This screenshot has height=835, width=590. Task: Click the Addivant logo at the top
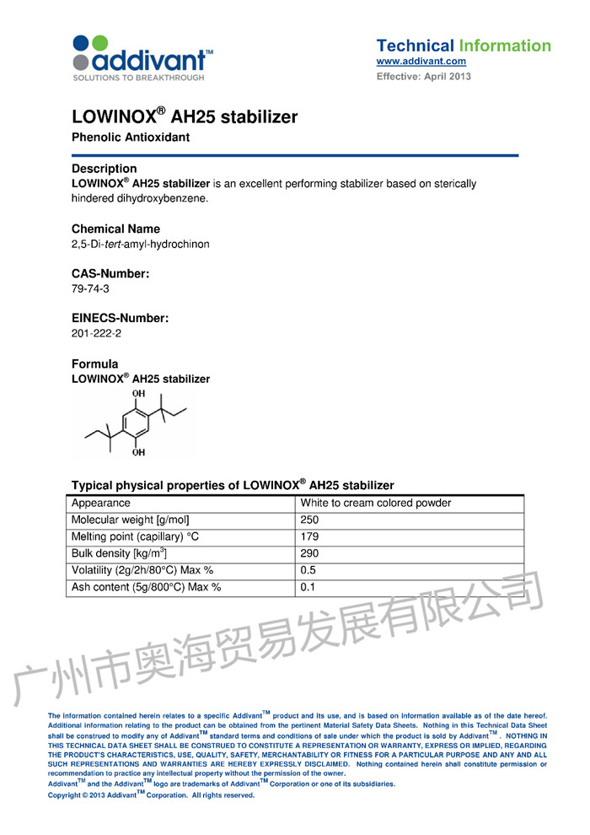pos(141,58)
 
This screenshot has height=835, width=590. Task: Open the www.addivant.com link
pos(421,62)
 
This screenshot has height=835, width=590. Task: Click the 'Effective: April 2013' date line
pos(423,77)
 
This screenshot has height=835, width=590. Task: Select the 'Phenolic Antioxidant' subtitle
pos(131,137)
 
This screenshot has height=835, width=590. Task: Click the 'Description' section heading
pos(104,169)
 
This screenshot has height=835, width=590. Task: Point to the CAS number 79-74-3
pos(90,288)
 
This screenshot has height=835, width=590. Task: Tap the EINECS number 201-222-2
pos(96,333)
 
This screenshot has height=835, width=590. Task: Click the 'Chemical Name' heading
pos(115,229)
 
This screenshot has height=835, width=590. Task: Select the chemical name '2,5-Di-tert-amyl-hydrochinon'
pos(140,244)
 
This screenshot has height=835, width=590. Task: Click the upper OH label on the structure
pos(139,393)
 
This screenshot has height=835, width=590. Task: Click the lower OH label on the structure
pos(138,453)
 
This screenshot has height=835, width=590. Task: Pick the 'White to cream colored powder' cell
pos(375,504)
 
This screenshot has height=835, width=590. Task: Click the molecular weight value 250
pos(309,520)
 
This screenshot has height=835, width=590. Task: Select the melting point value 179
pos(309,536)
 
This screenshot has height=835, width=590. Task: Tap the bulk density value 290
pos(309,553)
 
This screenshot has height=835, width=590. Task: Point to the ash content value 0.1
pos(307,587)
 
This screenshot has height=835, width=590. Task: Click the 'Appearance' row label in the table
pos(100,504)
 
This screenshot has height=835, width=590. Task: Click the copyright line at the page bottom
pos(151,795)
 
